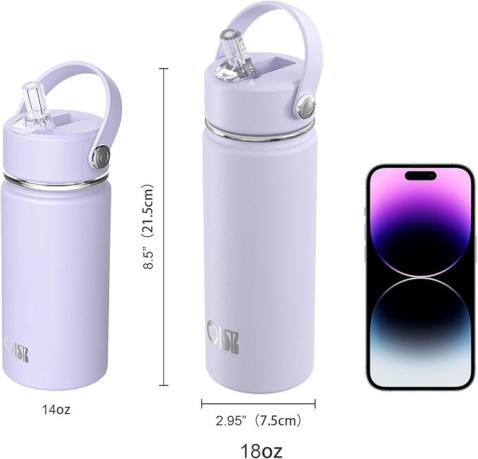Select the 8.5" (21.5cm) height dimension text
(149, 228)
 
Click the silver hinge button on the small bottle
(103, 154)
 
